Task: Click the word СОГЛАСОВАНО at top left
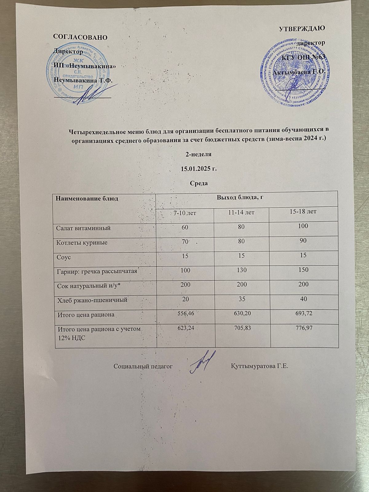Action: point(80,37)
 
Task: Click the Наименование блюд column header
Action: point(87,198)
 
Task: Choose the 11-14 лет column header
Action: point(241,212)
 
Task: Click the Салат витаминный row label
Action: point(83,228)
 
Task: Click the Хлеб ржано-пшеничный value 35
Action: point(241,299)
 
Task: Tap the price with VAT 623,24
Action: point(185,328)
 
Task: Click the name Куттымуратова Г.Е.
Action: point(260,366)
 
